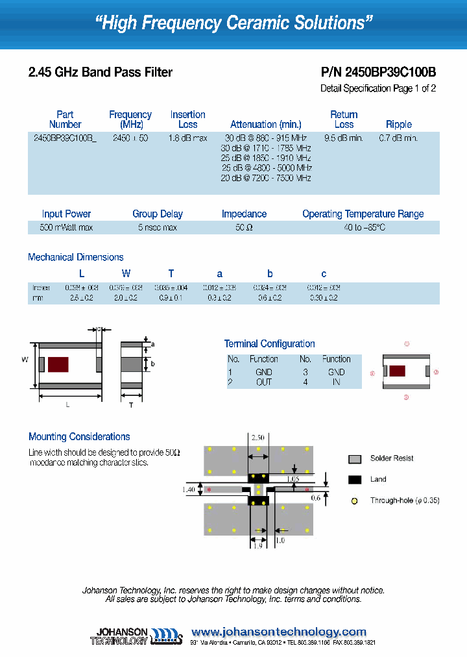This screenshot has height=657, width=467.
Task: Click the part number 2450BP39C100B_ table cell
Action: click(65, 138)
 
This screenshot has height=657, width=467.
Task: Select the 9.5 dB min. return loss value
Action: click(344, 138)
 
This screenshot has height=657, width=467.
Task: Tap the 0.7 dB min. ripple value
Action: click(398, 138)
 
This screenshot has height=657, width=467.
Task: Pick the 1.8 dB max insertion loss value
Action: click(187, 138)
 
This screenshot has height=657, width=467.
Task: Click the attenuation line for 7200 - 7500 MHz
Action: click(266, 178)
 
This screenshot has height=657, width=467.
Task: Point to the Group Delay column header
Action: click(158, 214)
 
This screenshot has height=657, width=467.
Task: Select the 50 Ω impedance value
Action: click(244, 228)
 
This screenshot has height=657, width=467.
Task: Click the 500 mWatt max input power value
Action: click(66, 228)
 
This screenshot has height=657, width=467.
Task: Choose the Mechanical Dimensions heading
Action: click(75, 257)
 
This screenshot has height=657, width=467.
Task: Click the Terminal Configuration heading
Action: click(269, 343)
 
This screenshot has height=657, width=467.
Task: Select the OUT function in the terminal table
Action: click(264, 382)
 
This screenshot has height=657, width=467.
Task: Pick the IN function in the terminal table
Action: click(336, 382)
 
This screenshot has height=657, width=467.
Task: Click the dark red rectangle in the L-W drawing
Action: click(58, 364)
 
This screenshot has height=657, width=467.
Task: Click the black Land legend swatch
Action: click(355, 479)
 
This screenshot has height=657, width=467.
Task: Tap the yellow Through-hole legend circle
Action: click(354, 501)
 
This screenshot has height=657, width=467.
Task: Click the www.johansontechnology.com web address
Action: click(279, 632)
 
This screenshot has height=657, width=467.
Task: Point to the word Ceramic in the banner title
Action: click(267, 23)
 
